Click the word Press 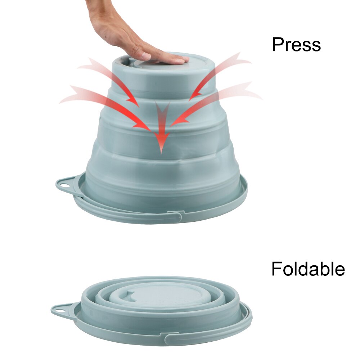pyautogui.click(x=296, y=45)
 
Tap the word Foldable pyautogui.click(x=308, y=269)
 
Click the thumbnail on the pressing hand pyautogui.click(x=146, y=56)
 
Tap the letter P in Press pyautogui.click(x=278, y=45)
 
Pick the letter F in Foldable pyautogui.click(x=276, y=269)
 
